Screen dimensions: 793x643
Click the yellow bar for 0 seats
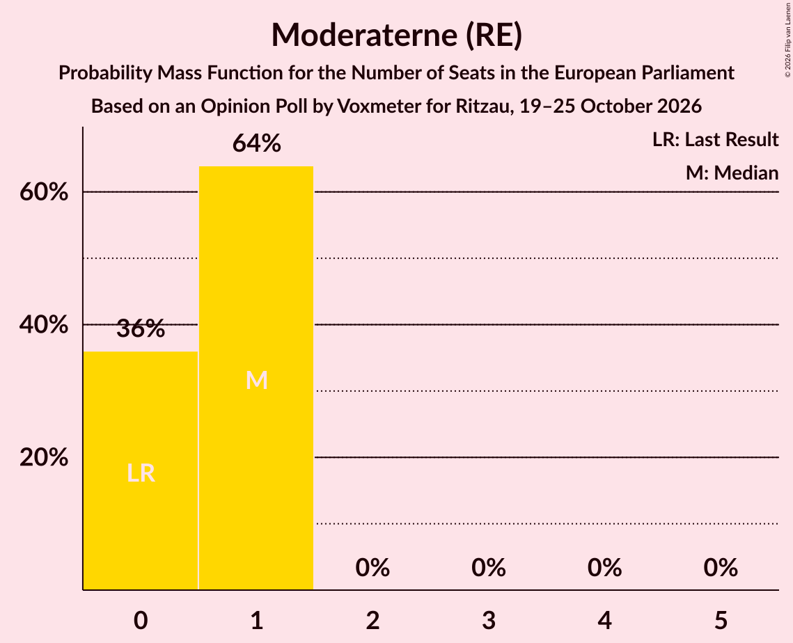click(141, 470)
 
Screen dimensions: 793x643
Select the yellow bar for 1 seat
click(256, 378)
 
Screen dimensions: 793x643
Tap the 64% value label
click(256, 143)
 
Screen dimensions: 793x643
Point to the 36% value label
click(141, 328)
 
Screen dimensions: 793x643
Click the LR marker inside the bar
click(141, 473)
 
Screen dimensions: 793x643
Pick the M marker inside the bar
click(256, 380)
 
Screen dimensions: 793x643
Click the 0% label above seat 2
click(372, 568)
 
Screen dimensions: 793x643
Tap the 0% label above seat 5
click(721, 568)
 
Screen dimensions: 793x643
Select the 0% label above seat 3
click(489, 568)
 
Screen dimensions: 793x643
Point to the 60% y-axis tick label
click(44, 192)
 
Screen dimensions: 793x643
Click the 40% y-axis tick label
click(44, 324)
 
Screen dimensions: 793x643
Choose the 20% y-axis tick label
click(44, 457)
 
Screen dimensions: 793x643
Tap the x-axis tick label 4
click(605, 620)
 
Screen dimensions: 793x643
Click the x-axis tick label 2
click(372, 620)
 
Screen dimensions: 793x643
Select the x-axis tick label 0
click(141, 620)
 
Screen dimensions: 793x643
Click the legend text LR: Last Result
click(715, 139)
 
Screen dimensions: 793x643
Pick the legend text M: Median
click(732, 173)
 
